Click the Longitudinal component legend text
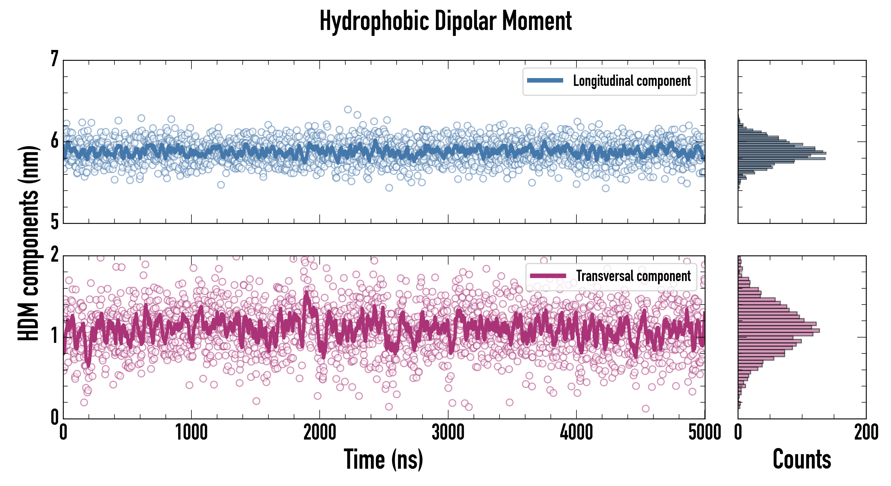[632, 81]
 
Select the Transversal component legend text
[633, 276]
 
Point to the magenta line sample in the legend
[548, 276]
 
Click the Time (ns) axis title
[383, 459]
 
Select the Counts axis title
[801, 459]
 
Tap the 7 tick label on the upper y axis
[54, 59]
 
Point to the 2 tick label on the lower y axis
[54, 255]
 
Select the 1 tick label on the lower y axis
[54, 336]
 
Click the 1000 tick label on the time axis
[191, 432]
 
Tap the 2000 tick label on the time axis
[320, 432]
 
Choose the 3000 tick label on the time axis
[448, 432]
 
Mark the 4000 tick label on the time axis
[576, 432]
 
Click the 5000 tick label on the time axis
[705, 432]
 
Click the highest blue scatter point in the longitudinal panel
[347, 110]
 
